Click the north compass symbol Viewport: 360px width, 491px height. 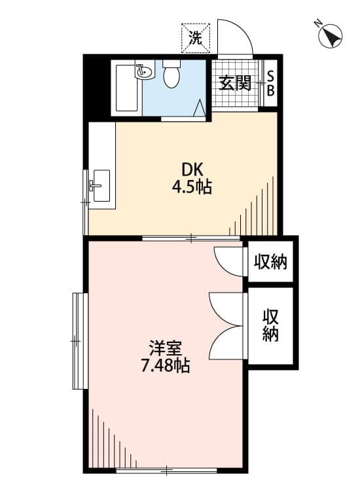(x=333, y=35)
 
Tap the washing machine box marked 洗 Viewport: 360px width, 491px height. (x=196, y=37)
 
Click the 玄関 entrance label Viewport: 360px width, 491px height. (x=235, y=82)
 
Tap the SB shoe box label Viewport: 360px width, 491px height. (x=270, y=82)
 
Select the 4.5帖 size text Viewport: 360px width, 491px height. (x=191, y=187)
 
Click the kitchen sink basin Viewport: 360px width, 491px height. (x=101, y=185)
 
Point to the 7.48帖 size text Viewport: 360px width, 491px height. (x=165, y=367)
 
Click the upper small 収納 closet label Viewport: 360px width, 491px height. (x=270, y=263)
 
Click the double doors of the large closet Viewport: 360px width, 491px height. (x=226, y=325)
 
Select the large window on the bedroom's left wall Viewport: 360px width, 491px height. (x=79, y=340)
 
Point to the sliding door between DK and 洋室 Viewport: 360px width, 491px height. (x=190, y=238)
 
